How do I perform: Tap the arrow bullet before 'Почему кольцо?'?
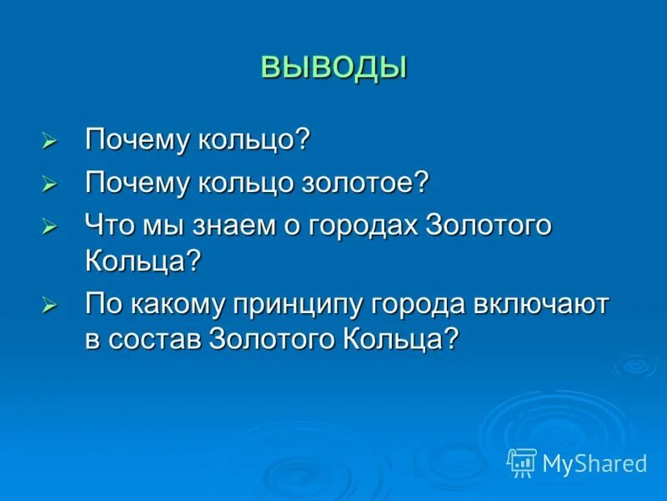pos(50,141)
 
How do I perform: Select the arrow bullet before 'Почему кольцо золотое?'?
pos(50,184)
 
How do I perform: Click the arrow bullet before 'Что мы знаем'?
pos(50,227)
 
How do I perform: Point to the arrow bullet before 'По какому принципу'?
pos(50,306)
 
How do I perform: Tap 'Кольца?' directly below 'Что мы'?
pos(143,261)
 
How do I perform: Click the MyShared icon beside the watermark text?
pos(522,462)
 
